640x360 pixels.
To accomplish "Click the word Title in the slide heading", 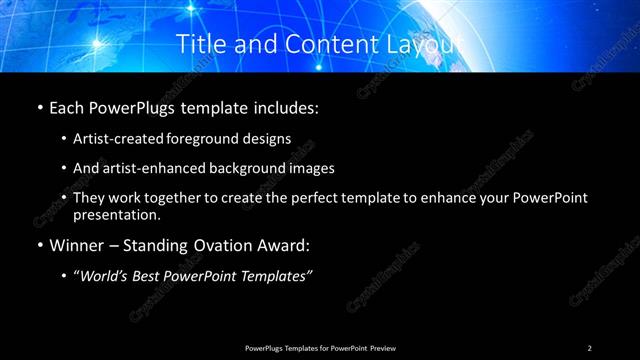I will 200,44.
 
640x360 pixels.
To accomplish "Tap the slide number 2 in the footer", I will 589,348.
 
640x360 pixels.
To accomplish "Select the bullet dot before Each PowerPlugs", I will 39,106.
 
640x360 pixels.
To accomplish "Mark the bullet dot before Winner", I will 39,245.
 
